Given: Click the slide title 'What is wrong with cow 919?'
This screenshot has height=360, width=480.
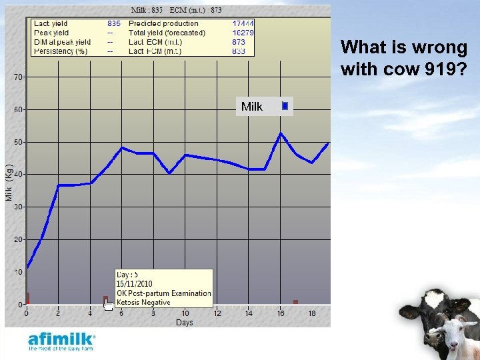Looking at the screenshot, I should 404,58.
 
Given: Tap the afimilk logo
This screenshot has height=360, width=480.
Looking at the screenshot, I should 61,340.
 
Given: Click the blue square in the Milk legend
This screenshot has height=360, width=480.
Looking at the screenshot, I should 285,106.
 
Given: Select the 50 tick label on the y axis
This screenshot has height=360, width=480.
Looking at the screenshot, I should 19,143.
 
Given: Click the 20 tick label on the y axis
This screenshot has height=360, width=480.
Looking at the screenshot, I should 19,239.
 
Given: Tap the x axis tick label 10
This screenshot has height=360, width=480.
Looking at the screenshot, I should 185,313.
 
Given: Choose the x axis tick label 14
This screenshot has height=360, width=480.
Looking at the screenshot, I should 249,313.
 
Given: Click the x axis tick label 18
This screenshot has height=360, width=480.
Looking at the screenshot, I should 312,313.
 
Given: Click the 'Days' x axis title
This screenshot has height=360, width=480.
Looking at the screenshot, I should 184,323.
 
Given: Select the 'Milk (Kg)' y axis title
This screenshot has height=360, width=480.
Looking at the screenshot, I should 9,182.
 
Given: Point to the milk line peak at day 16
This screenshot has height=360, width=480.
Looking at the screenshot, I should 281,133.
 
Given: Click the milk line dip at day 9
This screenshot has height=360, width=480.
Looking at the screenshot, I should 169,173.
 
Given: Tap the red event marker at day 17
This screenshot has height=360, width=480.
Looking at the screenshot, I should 295,302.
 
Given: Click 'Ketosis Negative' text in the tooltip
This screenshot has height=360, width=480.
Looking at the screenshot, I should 143,302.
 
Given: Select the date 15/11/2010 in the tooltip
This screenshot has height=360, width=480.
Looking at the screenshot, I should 135,283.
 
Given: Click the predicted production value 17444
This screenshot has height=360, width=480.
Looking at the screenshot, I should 243,23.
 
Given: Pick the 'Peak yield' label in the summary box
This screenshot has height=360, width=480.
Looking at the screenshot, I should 51,33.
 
